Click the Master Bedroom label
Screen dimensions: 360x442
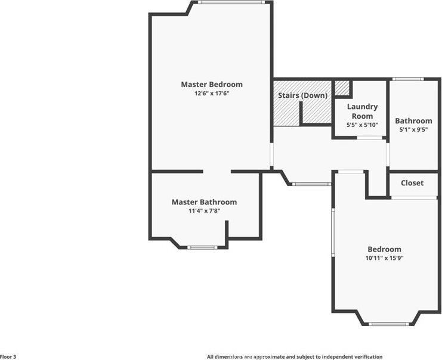(x=212, y=85)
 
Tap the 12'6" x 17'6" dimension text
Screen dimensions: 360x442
(x=212, y=94)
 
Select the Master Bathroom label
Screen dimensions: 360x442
(x=204, y=202)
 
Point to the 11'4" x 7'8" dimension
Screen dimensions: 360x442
(x=204, y=211)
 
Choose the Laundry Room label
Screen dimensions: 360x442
(x=362, y=111)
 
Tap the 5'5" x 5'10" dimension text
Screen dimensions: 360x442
(x=362, y=125)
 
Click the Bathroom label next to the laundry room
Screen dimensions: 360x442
(x=413, y=121)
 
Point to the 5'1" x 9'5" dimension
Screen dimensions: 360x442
(x=413, y=129)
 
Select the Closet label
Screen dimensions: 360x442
(x=412, y=183)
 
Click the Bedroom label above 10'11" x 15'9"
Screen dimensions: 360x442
(x=384, y=249)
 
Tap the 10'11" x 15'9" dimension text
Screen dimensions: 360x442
(x=384, y=258)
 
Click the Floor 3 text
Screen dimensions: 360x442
(x=8, y=356)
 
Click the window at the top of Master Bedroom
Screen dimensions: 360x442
(x=231, y=2)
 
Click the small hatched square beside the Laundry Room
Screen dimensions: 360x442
(x=341, y=88)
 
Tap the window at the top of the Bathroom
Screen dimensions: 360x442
(x=408, y=79)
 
